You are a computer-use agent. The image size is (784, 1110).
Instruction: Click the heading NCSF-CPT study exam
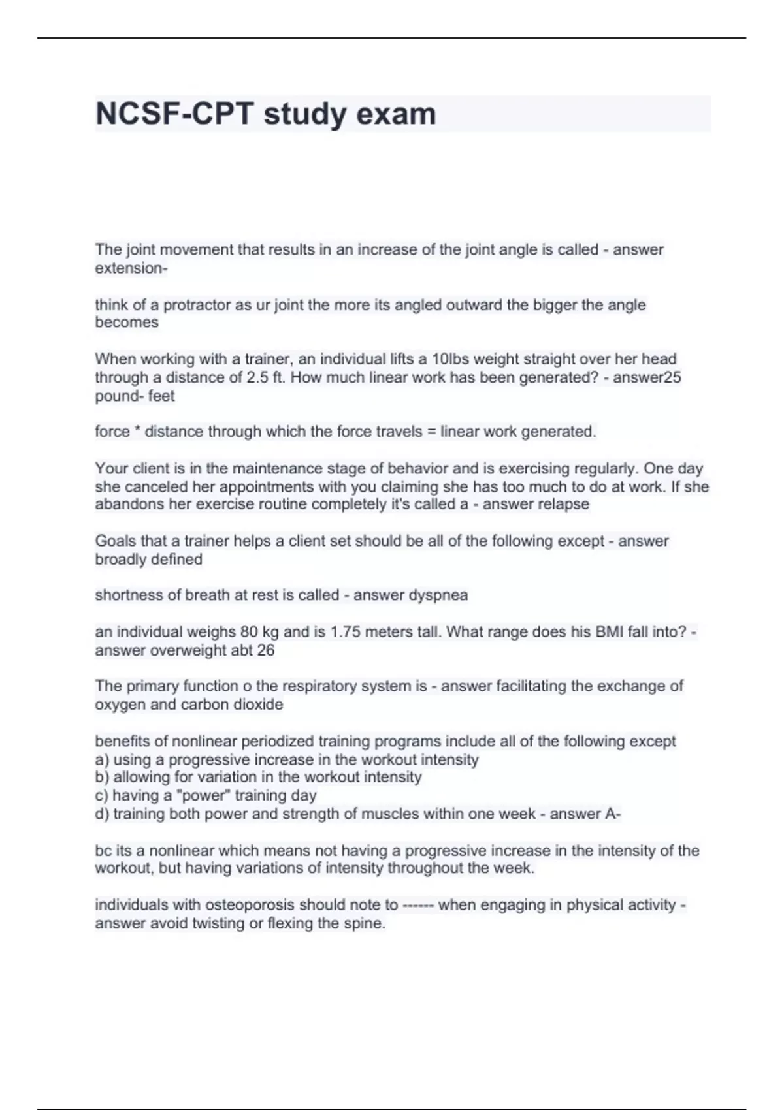click(265, 114)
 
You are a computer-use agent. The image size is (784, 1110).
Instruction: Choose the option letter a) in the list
click(102, 760)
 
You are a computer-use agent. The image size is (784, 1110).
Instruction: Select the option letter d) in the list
click(102, 814)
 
